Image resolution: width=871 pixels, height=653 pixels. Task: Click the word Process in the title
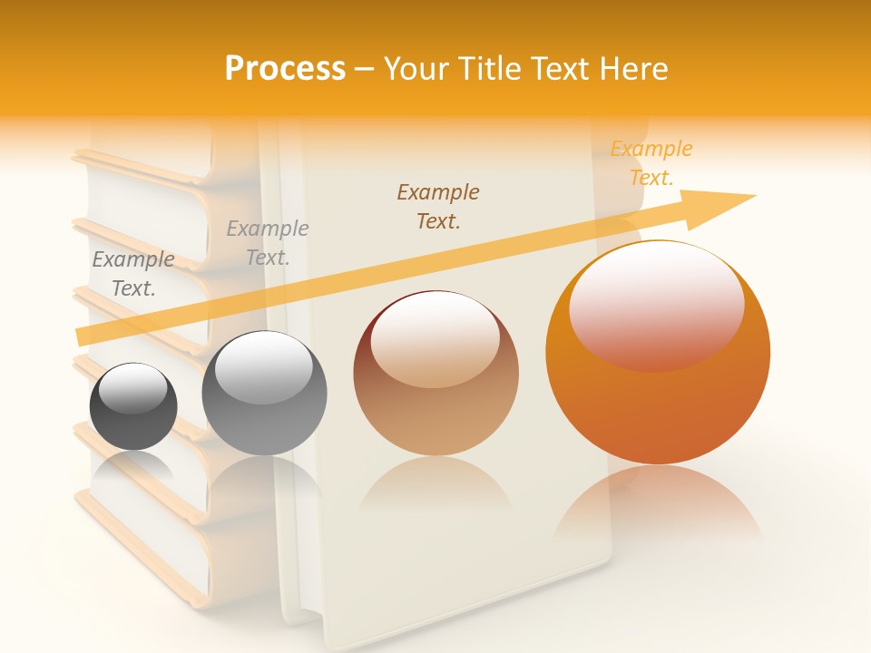pyautogui.click(x=285, y=69)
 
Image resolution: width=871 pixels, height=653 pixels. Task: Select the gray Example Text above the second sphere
pyautogui.click(x=268, y=243)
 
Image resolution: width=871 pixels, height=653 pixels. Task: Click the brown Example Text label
pyautogui.click(x=438, y=207)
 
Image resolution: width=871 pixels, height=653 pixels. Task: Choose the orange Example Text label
pyautogui.click(x=651, y=163)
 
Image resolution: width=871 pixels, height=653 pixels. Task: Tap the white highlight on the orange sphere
pyautogui.click(x=656, y=304)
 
